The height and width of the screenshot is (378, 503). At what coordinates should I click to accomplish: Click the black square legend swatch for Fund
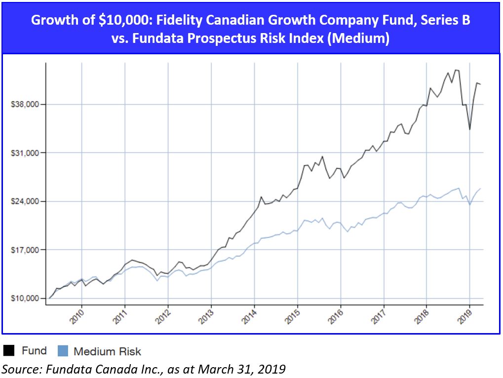[9, 351]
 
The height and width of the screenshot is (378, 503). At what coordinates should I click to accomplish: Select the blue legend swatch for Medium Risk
[63, 351]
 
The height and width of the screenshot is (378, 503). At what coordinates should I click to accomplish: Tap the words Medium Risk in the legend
[107, 351]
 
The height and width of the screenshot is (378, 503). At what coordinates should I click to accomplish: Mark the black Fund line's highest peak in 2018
[456, 70]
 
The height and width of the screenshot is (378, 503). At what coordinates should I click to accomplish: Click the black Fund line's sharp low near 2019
[469, 129]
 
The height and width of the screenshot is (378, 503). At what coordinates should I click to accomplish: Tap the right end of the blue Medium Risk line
[481, 189]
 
